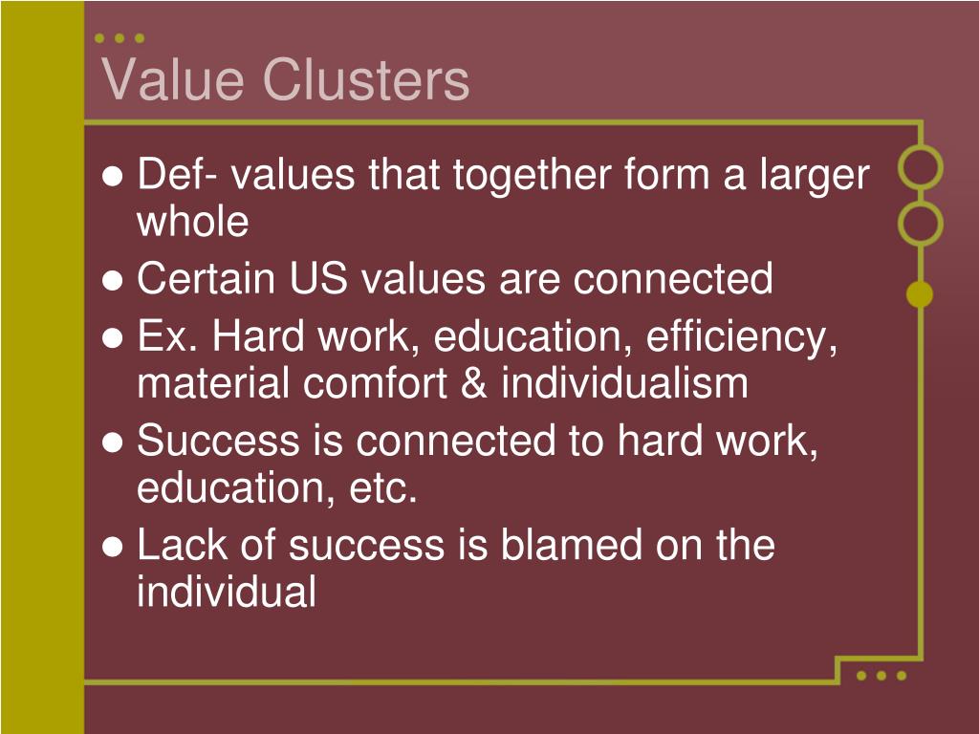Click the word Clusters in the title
[366, 79]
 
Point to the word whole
[192, 222]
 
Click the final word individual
[226, 593]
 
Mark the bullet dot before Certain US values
[113, 281]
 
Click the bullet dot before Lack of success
[113, 548]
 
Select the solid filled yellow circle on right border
[920, 295]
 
